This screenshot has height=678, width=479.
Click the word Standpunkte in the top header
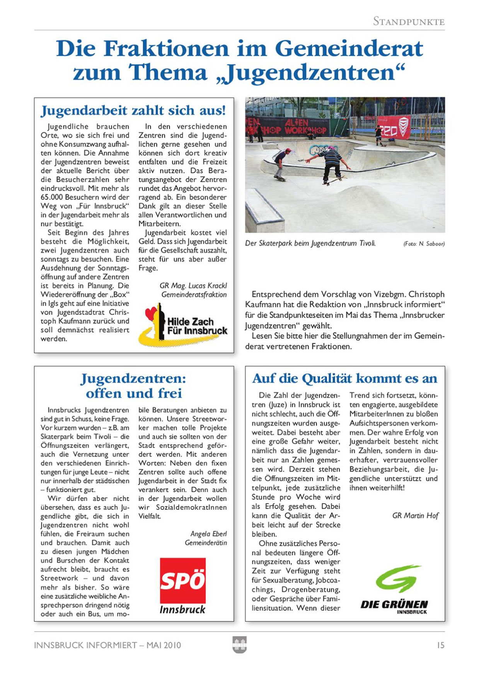(409, 21)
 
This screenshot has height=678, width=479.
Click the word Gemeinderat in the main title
(349, 49)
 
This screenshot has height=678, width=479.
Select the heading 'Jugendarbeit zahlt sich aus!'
(133, 111)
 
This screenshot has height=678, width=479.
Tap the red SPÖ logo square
(182, 580)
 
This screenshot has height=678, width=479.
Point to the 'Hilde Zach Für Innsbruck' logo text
(197, 326)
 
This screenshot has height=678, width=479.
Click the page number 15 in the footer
(440, 645)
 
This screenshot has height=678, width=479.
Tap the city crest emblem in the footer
(240, 644)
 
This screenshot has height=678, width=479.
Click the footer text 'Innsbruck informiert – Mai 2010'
(107, 645)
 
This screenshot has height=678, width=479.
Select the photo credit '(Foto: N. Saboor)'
(424, 244)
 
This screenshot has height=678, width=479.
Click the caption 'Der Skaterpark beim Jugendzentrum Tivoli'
(310, 244)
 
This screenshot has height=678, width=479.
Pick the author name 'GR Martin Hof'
(415, 516)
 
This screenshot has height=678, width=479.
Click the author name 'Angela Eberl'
(208, 534)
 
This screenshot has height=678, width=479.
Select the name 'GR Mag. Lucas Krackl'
(193, 286)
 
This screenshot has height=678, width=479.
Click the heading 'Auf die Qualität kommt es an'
(344, 378)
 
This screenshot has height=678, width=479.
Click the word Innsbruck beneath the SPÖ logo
(182, 610)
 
